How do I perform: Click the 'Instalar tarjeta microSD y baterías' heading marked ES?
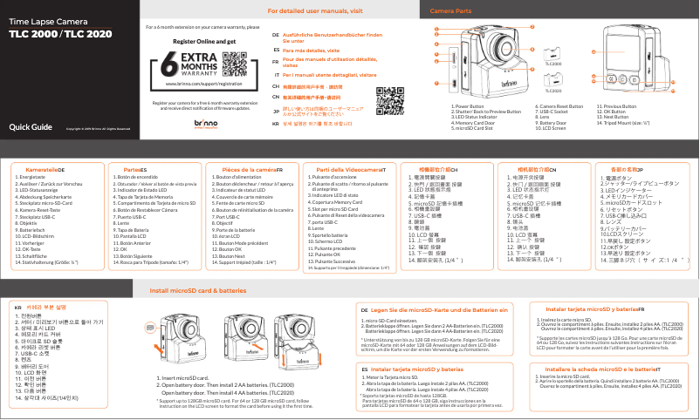tap(417, 369)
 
